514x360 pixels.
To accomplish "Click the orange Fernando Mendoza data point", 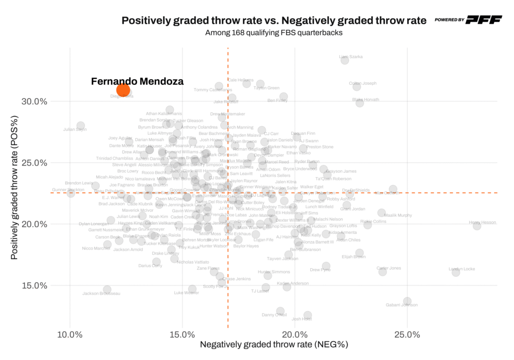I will click(x=123, y=90).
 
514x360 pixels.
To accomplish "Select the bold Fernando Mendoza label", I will click(x=137, y=81).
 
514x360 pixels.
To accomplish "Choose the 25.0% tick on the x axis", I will click(x=407, y=335).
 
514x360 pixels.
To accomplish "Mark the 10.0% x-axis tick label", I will click(x=70, y=335).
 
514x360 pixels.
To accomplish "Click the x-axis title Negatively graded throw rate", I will click(x=274, y=345).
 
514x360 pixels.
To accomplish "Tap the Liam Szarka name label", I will click(x=351, y=57).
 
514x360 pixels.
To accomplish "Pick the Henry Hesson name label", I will click(x=482, y=222).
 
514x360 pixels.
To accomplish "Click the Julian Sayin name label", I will click(x=75, y=130).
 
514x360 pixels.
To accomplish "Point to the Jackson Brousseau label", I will click(x=101, y=293).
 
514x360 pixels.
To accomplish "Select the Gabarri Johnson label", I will click(x=402, y=305).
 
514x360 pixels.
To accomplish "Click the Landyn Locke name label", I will click(x=462, y=269).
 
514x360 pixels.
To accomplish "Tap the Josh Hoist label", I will click(x=302, y=319).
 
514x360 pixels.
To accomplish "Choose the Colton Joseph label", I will click(x=362, y=83).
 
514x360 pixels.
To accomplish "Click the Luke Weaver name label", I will click(x=186, y=293).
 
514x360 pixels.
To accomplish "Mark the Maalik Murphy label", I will click(x=398, y=215).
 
